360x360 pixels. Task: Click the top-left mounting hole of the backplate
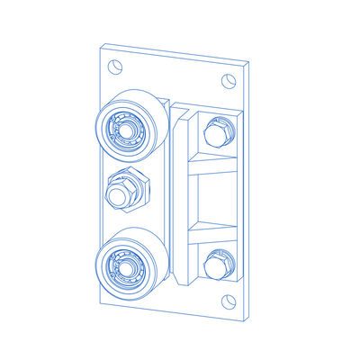pos(114,67)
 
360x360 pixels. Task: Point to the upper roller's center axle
pos(124,128)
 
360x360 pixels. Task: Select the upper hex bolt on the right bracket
pos(216,133)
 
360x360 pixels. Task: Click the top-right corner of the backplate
pos(248,62)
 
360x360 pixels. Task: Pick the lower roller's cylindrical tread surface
pos(153,256)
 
